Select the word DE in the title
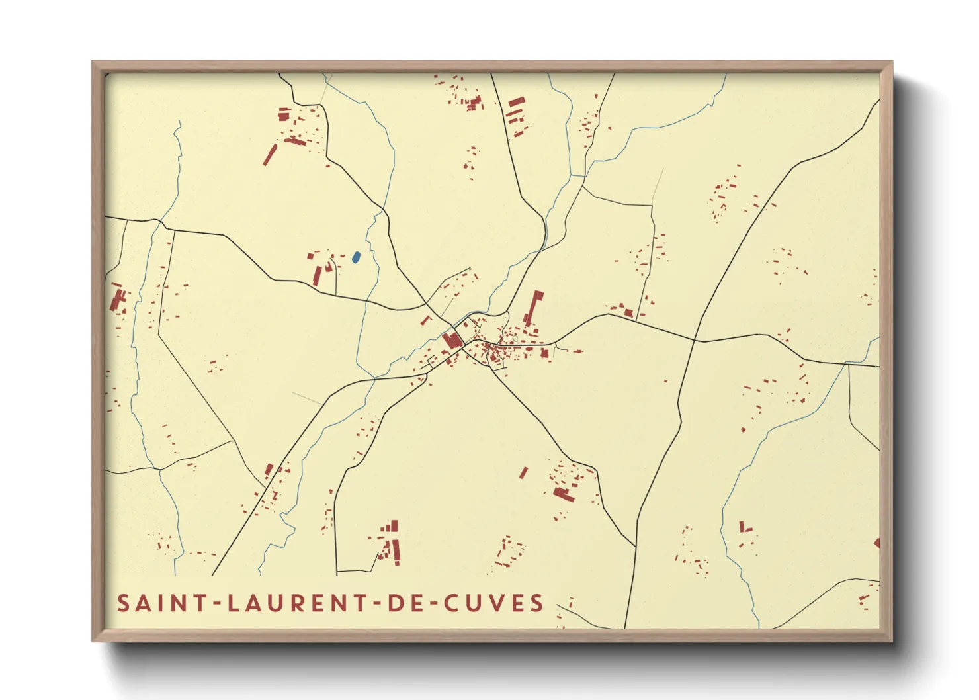[403, 603]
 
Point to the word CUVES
[493, 603]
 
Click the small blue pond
[356, 257]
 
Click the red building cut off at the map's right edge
[876, 543]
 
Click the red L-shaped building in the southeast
[744, 527]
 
